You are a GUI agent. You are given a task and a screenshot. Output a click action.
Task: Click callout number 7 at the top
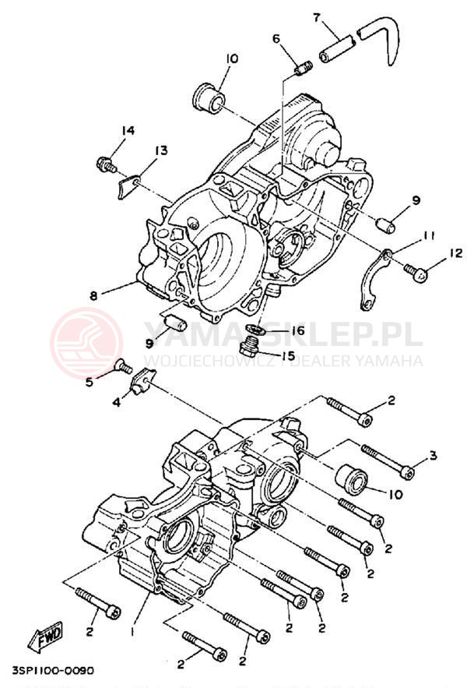tap(318, 16)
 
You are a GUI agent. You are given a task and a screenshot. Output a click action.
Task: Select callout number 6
tap(276, 38)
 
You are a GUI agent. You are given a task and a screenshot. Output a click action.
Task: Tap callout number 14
tap(128, 130)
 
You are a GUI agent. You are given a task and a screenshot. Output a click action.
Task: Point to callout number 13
tap(161, 150)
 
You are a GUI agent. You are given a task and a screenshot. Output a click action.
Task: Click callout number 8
tap(93, 295)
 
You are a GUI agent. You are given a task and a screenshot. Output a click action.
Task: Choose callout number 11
tap(429, 235)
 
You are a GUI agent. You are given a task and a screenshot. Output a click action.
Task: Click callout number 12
tap(456, 252)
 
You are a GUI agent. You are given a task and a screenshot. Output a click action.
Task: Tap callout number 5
tap(90, 382)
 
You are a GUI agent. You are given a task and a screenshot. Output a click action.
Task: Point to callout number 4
tap(116, 402)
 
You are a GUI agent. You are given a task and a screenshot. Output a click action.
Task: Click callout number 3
tap(434, 456)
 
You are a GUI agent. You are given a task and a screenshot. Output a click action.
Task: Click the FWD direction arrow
tap(46, 635)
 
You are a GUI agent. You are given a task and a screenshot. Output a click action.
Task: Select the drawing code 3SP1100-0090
tap(53, 671)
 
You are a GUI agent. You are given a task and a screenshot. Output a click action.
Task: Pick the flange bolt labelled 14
tap(104, 164)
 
